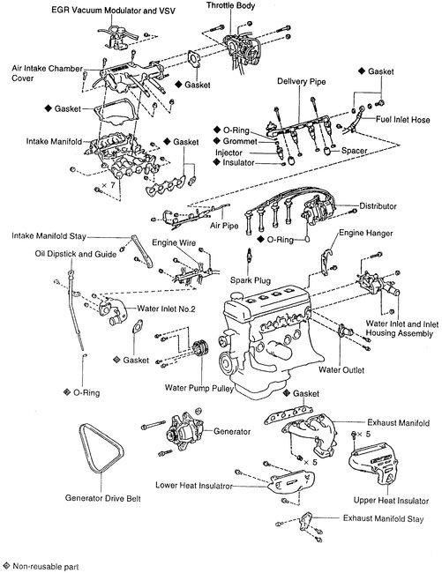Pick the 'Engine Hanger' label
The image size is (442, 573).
click(x=368, y=234)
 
